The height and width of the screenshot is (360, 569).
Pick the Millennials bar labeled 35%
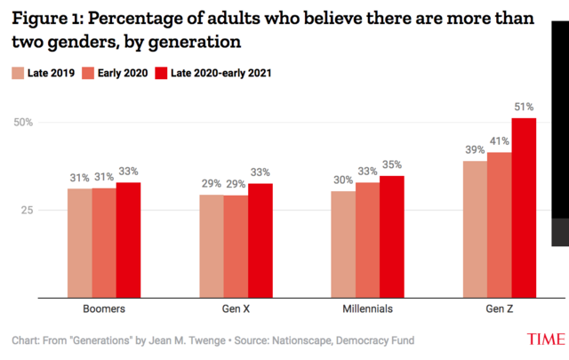(x=391, y=236)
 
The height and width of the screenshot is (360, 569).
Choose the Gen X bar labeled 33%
(x=260, y=239)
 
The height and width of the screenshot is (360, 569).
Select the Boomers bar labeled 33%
(x=129, y=239)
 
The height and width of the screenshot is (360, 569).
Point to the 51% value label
(x=524, y=108)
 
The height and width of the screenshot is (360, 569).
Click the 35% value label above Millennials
(x=391, y=164)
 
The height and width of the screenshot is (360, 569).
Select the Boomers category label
(x=104, y=309)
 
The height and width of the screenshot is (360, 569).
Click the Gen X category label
(x=236, y=309)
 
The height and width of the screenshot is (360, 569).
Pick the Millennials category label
(x=367, y=309)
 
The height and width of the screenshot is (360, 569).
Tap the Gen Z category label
(x=499, y=309)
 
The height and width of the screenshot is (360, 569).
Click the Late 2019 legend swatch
(x=17, y=73)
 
